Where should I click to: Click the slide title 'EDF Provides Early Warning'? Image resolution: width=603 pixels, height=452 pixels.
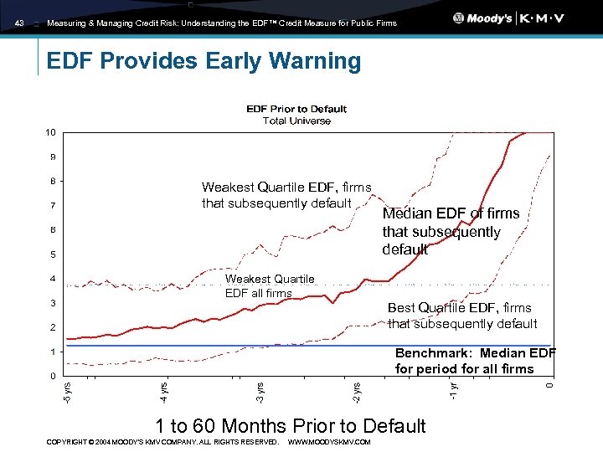coord(204,61)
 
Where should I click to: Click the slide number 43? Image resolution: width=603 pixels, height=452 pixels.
coord(19,23)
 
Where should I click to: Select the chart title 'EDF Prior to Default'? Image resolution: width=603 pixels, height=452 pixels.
coord(296,109)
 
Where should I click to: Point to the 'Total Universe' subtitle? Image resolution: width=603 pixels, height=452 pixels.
coord(296,121)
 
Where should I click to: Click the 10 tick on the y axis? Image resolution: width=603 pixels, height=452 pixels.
coord(51,132)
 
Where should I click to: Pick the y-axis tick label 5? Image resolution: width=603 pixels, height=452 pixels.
coord(52,254)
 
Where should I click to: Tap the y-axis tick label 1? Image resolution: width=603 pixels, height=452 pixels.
coord(52,352)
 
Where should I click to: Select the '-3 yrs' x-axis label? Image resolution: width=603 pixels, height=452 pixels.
coord(260,389)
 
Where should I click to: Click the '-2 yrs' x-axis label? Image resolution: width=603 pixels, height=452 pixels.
coord(357,389)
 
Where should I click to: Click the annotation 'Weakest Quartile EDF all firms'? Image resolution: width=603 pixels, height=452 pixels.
coord(270,285)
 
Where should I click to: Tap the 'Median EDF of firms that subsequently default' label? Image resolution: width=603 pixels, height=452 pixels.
coord(450,231)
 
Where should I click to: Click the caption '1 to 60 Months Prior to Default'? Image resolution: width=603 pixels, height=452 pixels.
coord(291,425)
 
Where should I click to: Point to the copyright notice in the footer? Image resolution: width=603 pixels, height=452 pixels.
coord(162,442)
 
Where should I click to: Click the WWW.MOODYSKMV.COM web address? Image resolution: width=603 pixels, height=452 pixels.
coord(328,442)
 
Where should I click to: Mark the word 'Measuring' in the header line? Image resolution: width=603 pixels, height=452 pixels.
coord(67,23)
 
